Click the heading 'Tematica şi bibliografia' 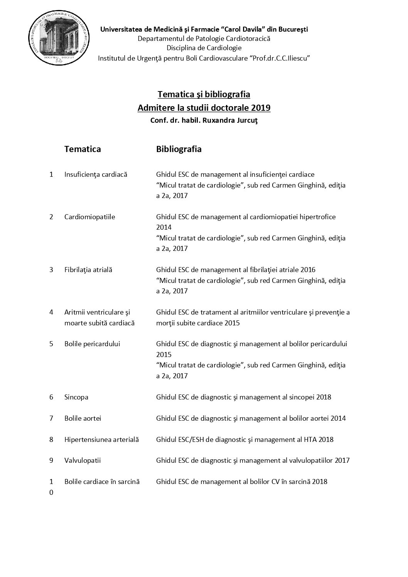(204, 94)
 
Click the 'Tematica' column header (83, 149)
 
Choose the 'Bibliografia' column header (179, 149)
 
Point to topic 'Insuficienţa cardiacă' (96, 174)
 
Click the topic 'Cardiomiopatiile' (89, 217)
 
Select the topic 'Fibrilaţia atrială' (88, 270)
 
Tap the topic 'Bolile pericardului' (92, 343)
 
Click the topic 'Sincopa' (76, 397)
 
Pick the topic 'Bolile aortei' (83, 418)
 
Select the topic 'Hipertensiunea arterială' (101, 439)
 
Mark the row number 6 (51, 397)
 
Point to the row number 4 (51, 312)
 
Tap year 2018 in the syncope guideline (323, 397)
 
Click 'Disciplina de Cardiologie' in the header (204, 48)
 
